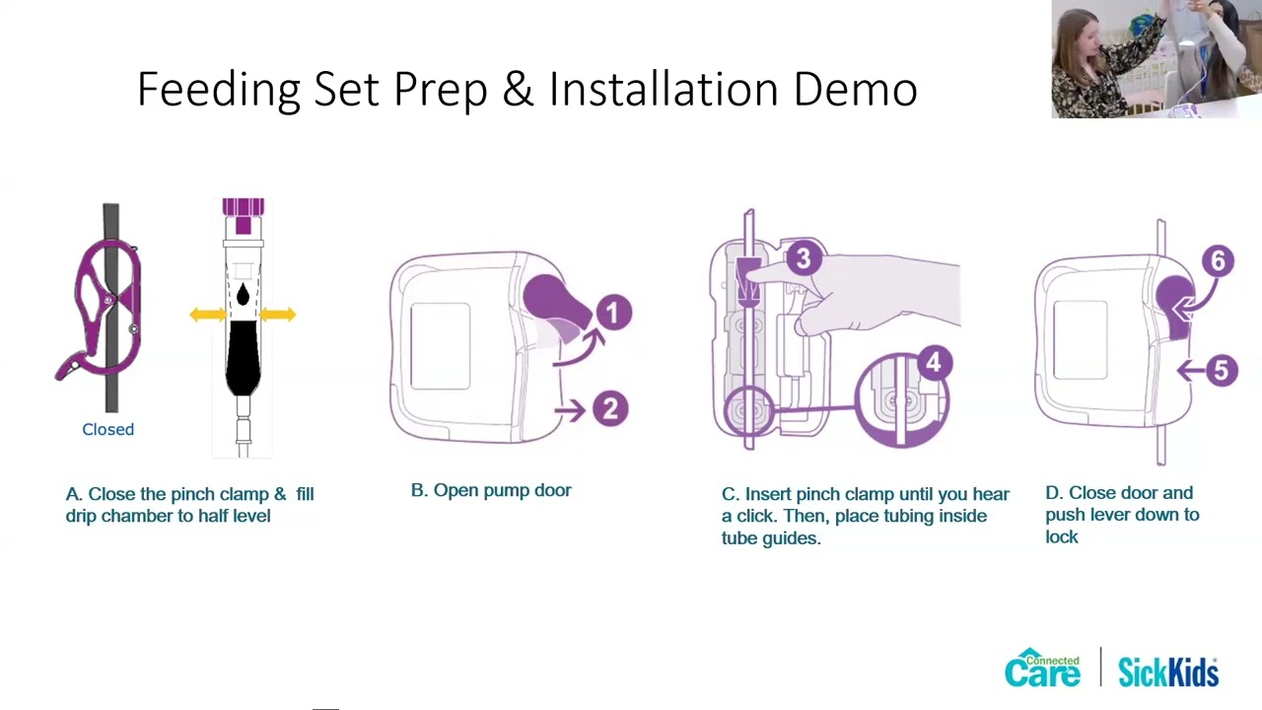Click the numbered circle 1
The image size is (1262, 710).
coord(612,314)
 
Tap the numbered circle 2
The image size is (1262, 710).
coord(610,409)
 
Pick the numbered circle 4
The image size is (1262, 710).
coord(933,363)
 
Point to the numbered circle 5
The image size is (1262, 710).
coord(1221,371)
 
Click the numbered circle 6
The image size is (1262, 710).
coord(1218,261)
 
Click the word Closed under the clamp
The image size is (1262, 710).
coord(107,430)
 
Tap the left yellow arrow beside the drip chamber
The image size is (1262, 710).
coord(207,315)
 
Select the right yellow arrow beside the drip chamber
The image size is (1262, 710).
coord(278,315)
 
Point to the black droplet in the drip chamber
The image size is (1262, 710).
coord(243,294)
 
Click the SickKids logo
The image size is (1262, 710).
coord(1168,672)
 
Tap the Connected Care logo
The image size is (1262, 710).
coord(1042,670)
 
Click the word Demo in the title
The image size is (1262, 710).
coord(855,90)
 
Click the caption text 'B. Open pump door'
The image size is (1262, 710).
coord(491,490)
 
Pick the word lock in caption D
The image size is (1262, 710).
coord(1062,537)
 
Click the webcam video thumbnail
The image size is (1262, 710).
coord(1156,59)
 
